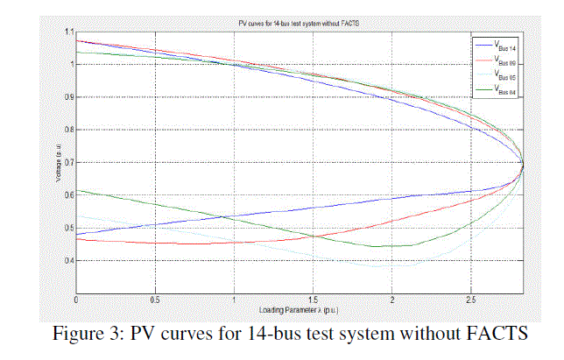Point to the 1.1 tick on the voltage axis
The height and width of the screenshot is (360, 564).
(x=69, y=32)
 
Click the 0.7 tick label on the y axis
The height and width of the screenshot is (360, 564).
(x=69, y=163)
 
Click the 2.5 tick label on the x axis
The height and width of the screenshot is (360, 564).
(x=470, y=301)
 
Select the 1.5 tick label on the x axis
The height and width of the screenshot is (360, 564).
(x=313, y=301)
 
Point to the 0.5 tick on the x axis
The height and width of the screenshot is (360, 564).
(x=156, y=301)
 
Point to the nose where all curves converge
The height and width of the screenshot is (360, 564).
(x=523, y=163)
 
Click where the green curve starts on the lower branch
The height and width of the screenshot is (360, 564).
(x=78, y=190)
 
